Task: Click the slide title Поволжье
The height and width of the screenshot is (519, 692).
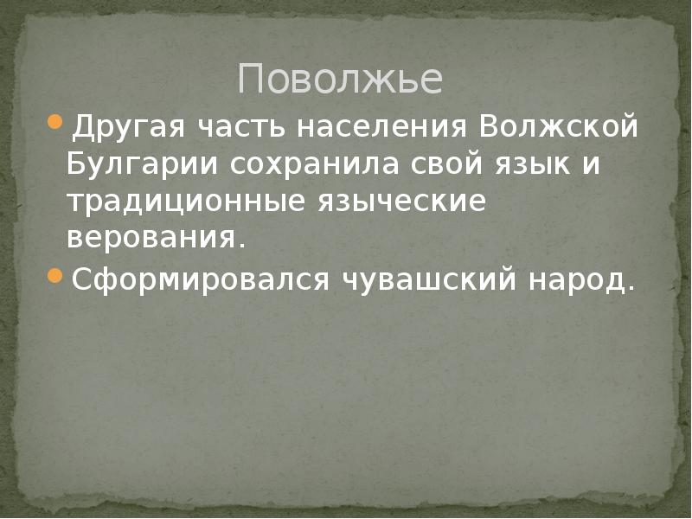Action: (x=340, y=80)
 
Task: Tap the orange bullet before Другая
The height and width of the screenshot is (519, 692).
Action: (x=56, y=121)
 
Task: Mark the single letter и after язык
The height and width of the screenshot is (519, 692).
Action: (x=590, y=164)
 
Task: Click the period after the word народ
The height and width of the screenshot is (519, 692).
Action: (x=628, y=289)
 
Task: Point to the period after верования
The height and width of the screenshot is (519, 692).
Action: (x=240, y=246)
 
